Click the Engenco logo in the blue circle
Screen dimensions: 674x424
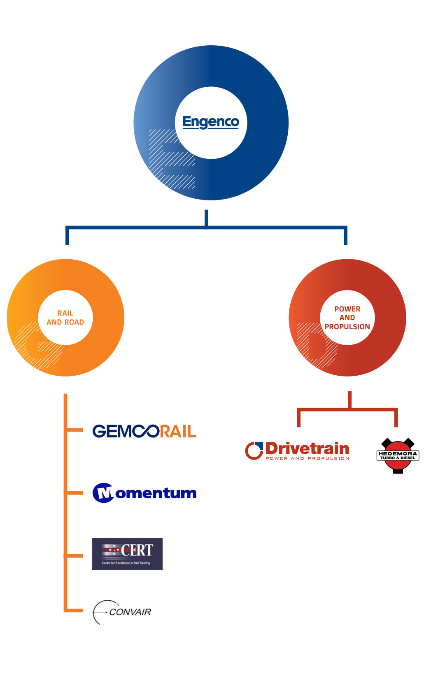pos(210,122)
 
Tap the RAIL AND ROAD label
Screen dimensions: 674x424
pos(65,318)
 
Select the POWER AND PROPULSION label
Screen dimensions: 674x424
pos(347,318)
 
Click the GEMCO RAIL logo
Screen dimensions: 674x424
pos(144,431)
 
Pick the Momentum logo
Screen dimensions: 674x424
pos(144,493)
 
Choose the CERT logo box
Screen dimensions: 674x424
pos(127,554)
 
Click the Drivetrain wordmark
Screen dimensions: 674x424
pos(307,448)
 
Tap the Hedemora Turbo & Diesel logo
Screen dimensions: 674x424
pos(398,456)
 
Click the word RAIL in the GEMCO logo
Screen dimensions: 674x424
pos(178,432)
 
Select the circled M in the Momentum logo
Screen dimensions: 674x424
pos(103,493)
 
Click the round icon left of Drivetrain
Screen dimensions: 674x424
pos(254,451)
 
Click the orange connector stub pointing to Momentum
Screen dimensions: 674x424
pos(75,493)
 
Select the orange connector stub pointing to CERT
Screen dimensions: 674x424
pos(75,555)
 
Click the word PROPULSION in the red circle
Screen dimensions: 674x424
pos(347,327)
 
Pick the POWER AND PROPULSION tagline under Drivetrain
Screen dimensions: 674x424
pos(307,458)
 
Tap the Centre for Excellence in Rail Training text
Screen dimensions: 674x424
pos(126,563)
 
